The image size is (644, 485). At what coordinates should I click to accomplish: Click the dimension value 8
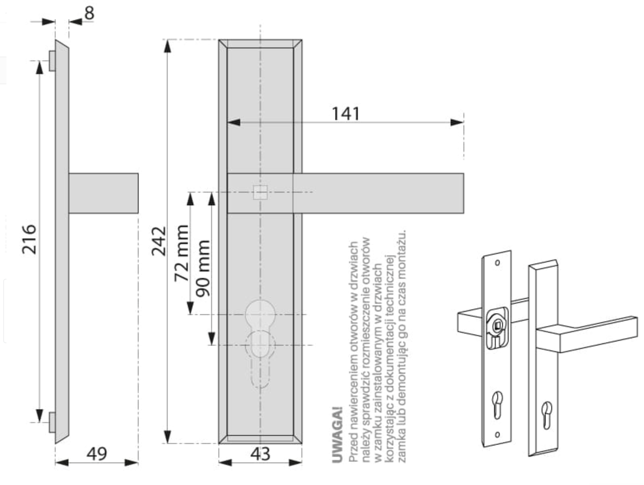pos(89,13)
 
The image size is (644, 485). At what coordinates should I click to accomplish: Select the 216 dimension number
pos(29,239)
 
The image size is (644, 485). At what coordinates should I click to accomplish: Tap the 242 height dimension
pos(159,241)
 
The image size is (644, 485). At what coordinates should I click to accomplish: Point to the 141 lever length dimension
pos(345,114)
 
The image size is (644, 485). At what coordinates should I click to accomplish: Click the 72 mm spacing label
pos(181,253)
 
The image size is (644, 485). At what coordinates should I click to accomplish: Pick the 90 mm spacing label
pos(204,268)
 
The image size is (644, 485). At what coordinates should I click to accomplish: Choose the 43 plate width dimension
pos(260,454)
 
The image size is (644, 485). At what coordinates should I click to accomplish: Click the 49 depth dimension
pos(97,454)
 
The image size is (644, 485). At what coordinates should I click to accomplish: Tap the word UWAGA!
pos(338,435)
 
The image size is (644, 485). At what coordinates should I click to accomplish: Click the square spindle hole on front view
pos(260,193)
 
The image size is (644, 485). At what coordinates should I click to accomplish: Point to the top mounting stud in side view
pos(52,61)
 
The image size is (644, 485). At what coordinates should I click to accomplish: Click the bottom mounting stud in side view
pos(52,422)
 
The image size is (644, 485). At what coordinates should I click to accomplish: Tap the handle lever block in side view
pos(103,193)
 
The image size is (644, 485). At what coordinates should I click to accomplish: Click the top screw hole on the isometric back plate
pos(497,263)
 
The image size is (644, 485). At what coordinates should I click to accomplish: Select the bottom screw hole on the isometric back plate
pos(497,434)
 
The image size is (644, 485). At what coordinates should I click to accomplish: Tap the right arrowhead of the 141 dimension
pos(457,122)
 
